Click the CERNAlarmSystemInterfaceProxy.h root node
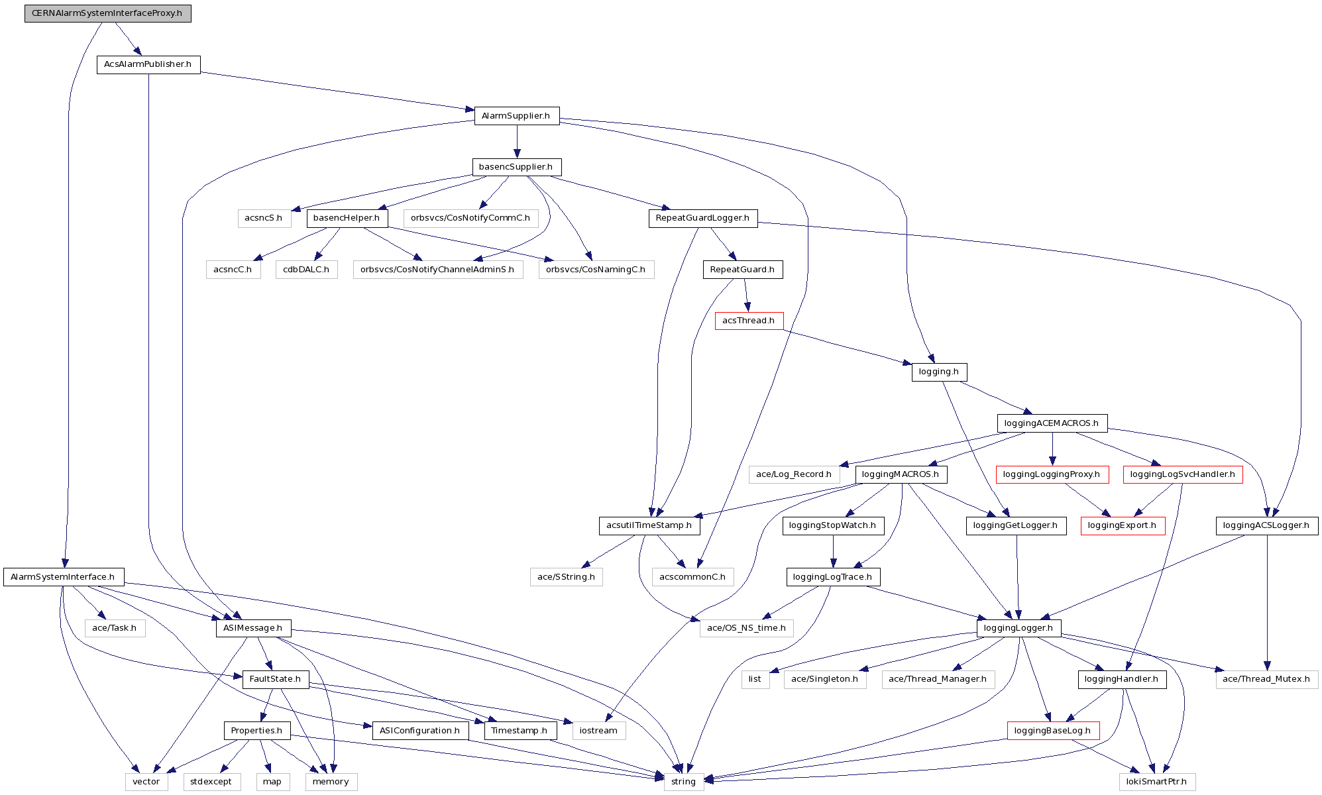107,13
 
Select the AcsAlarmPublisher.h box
148,64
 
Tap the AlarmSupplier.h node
516,116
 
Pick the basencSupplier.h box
516,167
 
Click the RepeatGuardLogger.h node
702,218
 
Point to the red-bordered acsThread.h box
749,321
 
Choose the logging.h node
939,372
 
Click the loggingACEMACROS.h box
1052,423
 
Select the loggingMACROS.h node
901,474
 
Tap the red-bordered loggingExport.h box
1123,525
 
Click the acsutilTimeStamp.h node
649,525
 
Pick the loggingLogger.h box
1019,628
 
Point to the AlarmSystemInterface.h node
63,577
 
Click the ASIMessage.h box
252,628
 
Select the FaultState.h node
275,679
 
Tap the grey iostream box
598,731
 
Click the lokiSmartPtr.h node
1157,782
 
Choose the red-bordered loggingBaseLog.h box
1052,731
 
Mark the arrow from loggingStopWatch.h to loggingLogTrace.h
833,551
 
